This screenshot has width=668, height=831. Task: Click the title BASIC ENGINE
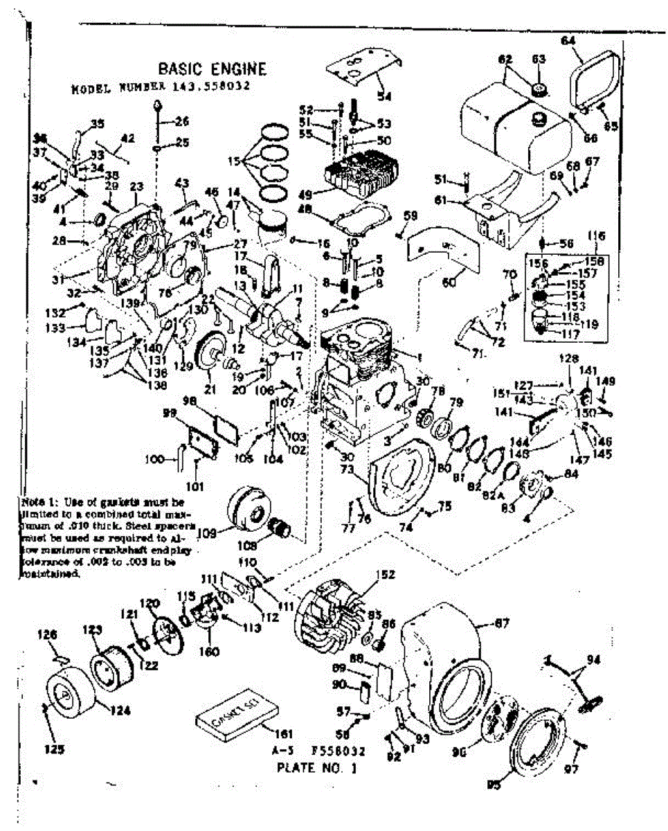pyautogui.click(x=212, y=69)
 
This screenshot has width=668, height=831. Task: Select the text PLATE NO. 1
pyautogui.click(x=317, y=767)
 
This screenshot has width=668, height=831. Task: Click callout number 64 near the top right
pyautogui.click(x=568, y=42)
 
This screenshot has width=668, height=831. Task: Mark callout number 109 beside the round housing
pyautogui.click(x=207, y=533)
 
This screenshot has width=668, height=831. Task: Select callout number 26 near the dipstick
pyautogui.click(x=182, y=122)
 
